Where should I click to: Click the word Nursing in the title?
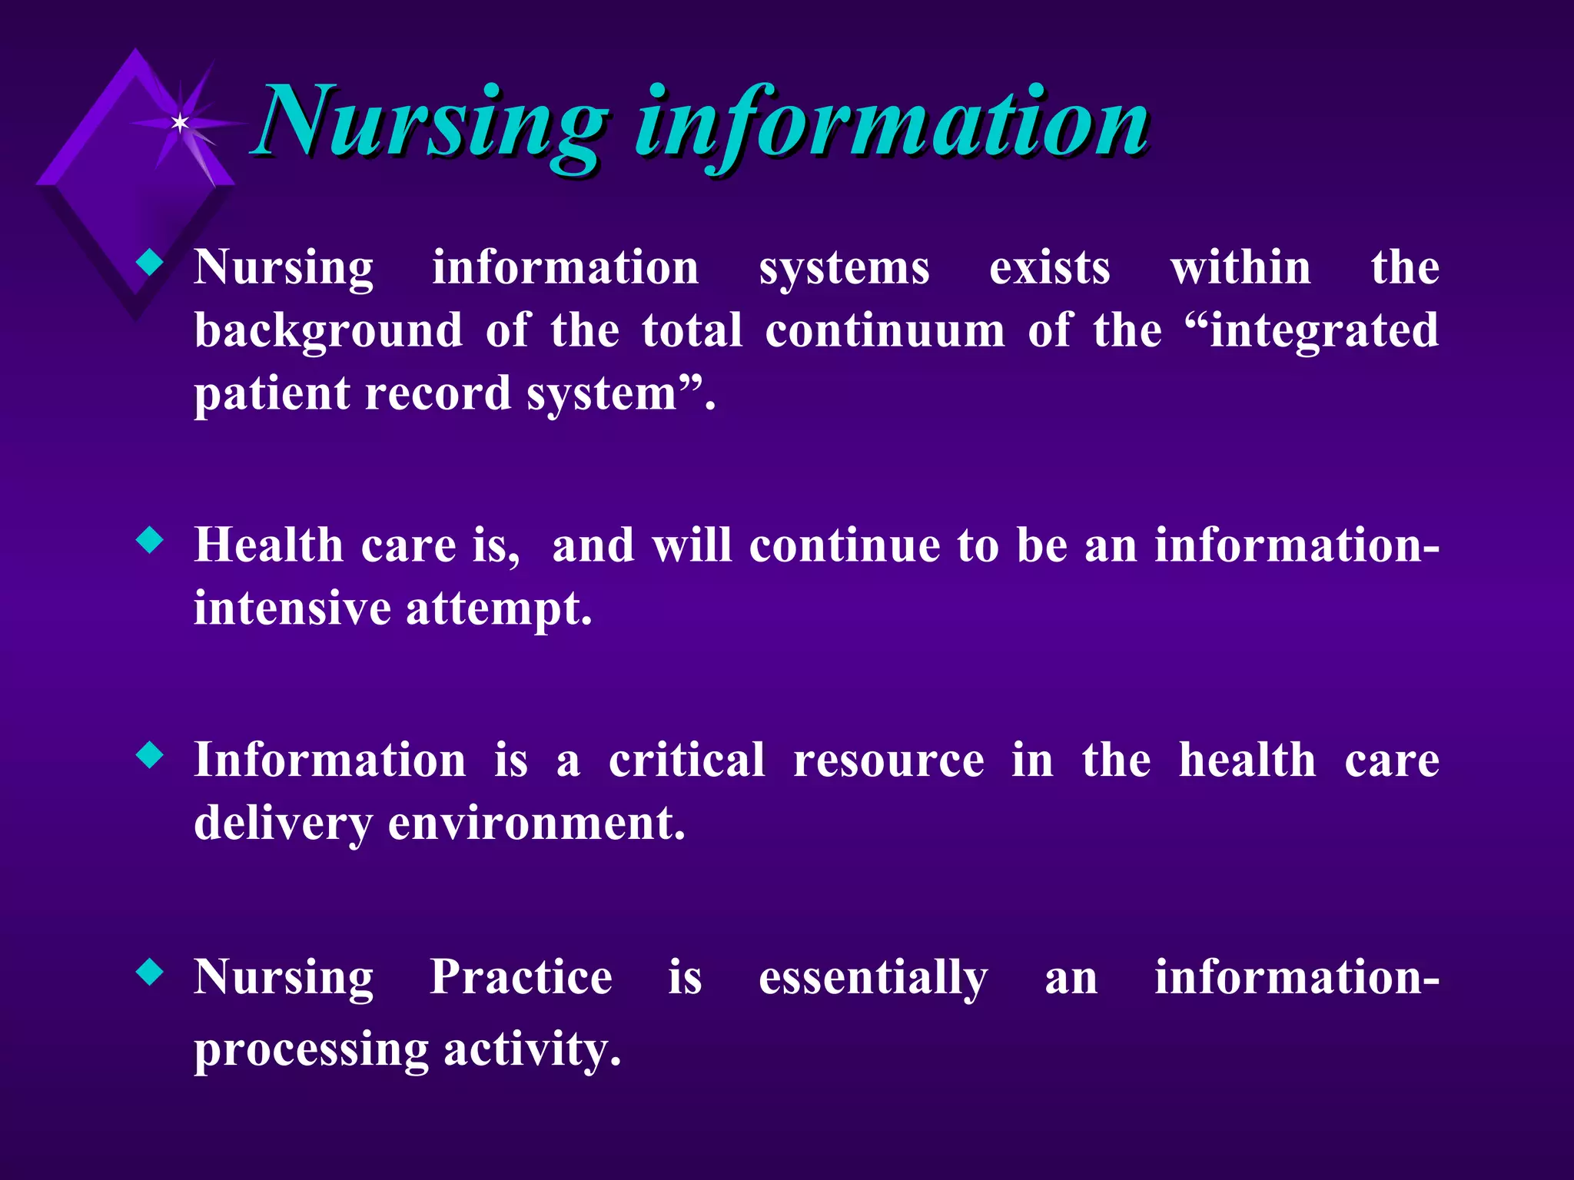(x=430, y=123)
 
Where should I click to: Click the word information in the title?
(x=892, y=123)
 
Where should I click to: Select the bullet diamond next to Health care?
(x=150, y=540)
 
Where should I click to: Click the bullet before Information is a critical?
(x=150, y=755)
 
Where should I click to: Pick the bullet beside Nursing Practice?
(x=150, y=972)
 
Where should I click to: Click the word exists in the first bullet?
(x=1049, y=269)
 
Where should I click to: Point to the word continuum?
(x=885, y=331)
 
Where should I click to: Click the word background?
(x=328, y=333)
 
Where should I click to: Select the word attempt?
(x=498, y=609)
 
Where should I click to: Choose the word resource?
(x=888, y=762)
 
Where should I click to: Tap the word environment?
(x=536, y=824)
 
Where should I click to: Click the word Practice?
(x=520, y=978)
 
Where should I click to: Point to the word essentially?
(x=872, y=979)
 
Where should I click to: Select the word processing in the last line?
(x=310, y=1051)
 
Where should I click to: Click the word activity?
(x=532, y=1051)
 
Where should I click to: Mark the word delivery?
(x=283, y=825)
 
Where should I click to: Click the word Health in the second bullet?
(x=268, y=546)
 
